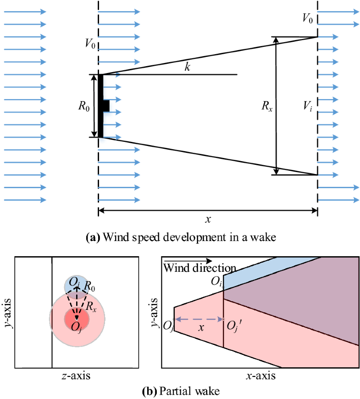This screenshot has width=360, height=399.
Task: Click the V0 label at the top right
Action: pyautogui.click(x=308, y=18)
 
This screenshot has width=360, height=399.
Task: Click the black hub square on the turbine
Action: pyautogui.click(x=106, y=106)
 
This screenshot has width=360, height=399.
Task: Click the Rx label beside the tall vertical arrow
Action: pyautogui.click(x=266, y=107)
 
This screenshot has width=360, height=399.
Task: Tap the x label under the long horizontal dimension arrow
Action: pyautogui.click(x=208, y=220)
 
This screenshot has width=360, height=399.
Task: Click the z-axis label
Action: pyautogui.click(x=76, y=376)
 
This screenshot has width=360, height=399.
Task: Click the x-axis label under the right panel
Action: pyautogui.click(x=260, y=376)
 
